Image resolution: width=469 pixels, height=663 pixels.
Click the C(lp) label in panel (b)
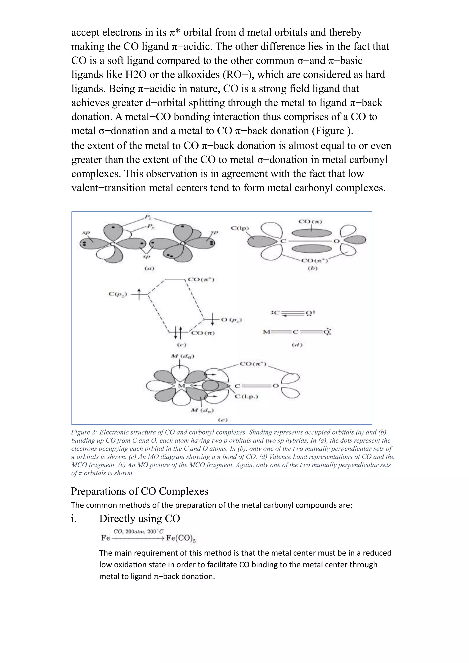pos(240,228)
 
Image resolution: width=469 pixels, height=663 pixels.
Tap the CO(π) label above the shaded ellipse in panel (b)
pos(311,222)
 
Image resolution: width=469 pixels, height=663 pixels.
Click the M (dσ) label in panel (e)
pos(183,356)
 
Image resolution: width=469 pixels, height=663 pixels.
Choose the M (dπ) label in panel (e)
pos(202,410)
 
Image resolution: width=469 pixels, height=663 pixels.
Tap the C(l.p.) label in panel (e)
pos(246,397)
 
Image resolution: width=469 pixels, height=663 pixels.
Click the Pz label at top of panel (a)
pos(148,217)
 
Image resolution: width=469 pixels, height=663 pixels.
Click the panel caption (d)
pos(297,345)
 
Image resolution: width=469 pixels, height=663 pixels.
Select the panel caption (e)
pos(222,420)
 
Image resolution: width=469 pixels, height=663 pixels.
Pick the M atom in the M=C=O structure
pos(266,332)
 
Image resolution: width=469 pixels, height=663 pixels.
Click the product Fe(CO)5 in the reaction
pos(181,538)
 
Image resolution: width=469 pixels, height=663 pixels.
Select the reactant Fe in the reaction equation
pos(105,538)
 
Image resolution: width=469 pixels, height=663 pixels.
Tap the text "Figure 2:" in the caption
pos(84,432)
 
